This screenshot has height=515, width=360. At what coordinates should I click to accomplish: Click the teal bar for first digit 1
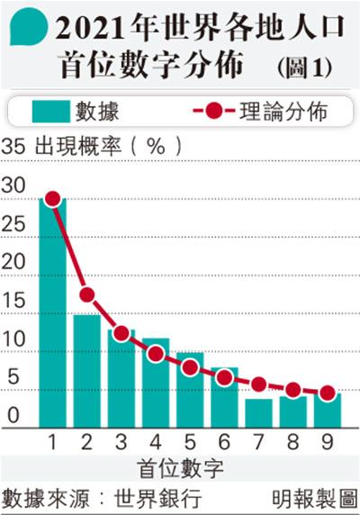[x=52, y=312]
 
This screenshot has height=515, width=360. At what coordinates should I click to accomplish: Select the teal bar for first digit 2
[x=87, y=371]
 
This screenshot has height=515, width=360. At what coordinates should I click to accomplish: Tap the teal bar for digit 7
[x=258, y=413]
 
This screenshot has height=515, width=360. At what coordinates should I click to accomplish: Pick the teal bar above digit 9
[x=328, y=411]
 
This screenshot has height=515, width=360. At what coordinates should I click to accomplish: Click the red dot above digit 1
[x=53, y=199]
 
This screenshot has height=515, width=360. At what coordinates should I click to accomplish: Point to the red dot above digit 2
[x=87, y=294]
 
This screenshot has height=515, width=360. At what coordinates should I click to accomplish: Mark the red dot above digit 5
[x=190, y=367]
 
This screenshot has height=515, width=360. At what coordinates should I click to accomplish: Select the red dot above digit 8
[x=293, y=390]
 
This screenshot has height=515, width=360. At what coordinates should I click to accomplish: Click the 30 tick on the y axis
[x=13, y=185]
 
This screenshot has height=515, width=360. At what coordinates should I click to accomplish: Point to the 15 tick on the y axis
[x=13, y=300]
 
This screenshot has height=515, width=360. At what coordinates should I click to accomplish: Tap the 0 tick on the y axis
[x=13, y=415]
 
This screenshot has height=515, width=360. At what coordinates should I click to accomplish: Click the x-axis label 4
[x=156, y=441]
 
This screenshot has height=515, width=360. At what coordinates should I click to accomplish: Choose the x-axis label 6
[x=224, y=441]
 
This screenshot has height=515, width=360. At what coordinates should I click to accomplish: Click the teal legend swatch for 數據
[x=51, y=112]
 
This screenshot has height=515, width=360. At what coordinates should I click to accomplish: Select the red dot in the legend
[x=214, y=111]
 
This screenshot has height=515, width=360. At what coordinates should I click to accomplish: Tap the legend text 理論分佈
[x=283, y=111]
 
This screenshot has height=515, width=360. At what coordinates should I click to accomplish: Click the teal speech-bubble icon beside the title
[x=29, y=26]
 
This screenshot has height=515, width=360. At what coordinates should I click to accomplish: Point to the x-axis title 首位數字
[x=180, y=469]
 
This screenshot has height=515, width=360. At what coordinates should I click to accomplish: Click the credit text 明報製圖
[x=314, y=499]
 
